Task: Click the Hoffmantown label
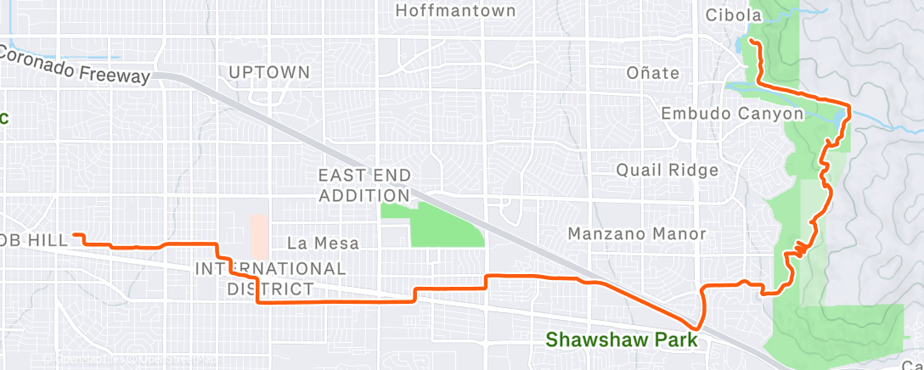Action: pyautogui.click(x=456, y=11)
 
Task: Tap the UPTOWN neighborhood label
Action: pyautogui.click(x=269, y=72)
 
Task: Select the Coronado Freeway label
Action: pyautogui.click(x=75, y=64)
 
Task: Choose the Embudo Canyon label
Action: pyautogui.click(x=732, y=114)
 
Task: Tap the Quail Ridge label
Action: pyautogui.click(x=668, y=170)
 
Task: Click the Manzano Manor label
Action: pyautogui.click(x=637, y=233)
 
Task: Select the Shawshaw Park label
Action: pyautogui.click(x=622, y=339)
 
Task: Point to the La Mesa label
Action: pyautogui.click(x=323, y=244)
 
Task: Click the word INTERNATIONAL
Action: pyautogui.click(x=270, y=269)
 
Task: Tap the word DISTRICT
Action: pyautogui.click(x=270, y=289)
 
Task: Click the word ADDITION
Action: pyautogui.click(x=364, y=196)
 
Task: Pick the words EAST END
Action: pyautogui.click(x=364, y=176)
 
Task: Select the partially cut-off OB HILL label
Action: pyautogui.click(x=34, y=241)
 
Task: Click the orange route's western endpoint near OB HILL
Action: pyautogui.click(x=75, y=234)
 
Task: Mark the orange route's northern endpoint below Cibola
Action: pyautogui.click(x=752, y=39)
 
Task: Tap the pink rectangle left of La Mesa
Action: pyautogui.click(x=259, y=235)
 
